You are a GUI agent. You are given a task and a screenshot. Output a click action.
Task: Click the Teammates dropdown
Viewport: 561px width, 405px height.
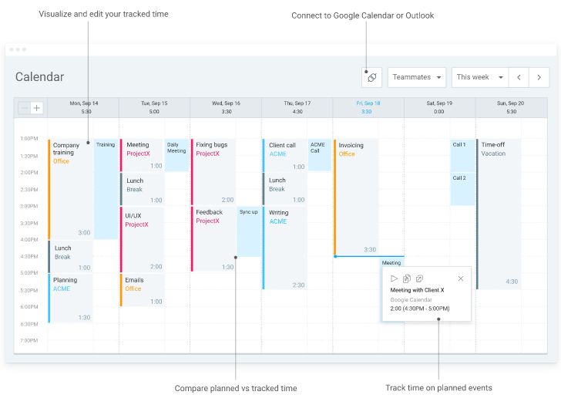pyautogui.click(x=417, y=77)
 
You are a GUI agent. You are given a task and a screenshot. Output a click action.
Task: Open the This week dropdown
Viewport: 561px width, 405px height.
pyautogui.click(x=479, y=77)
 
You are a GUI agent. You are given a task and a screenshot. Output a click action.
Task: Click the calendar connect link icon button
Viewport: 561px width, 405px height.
pyautogui.click(x=371, y=77)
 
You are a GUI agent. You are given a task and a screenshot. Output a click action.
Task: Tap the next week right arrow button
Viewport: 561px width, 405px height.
pyautogui.click(x=539, y=77)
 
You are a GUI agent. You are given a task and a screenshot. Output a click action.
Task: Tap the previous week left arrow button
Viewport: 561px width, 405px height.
pyautogui.click(x=519, y=77)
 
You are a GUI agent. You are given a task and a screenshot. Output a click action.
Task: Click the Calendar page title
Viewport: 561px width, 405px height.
pyautogui.click(x=39, y=77)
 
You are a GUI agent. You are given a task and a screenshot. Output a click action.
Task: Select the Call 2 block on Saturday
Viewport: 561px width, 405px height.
pyautogui.click(x=462, y=189)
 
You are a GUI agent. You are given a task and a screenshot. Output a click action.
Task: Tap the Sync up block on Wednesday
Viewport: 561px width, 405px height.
pyautogui.click(x=248, y=231)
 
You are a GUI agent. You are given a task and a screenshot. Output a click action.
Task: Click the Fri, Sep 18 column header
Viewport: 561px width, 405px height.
pyautogui.click(x=368, y=106)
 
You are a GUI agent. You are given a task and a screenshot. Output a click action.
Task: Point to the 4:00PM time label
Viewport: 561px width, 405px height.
pyautogui.click(x=29, y=240)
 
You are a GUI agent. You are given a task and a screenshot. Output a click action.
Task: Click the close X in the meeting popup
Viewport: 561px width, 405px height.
pyautogui.click(x=461, y=278)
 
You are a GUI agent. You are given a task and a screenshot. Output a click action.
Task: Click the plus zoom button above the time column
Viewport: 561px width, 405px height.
pyautogui.click(x=37, y=108)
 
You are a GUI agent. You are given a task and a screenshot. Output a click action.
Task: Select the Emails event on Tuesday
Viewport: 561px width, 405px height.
pyautogui.click(x=143, y=290)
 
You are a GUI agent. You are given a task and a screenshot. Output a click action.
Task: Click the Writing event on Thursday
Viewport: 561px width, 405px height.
pyautogui.click(x=285, y=247)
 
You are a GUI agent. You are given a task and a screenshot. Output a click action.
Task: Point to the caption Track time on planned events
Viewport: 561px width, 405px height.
pyautogui.click(x=438, y=388)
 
